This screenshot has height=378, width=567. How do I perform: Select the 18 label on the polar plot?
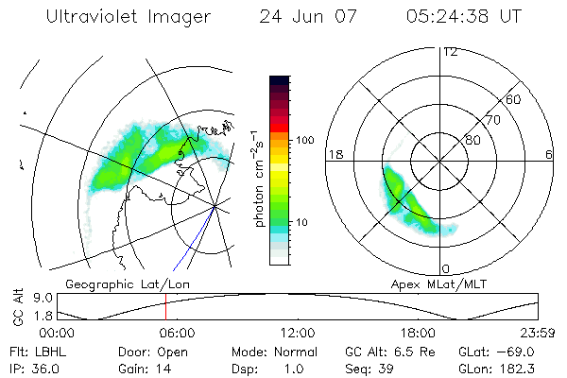tap(334, 154)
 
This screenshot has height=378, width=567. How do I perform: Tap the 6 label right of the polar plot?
tap(549, 154)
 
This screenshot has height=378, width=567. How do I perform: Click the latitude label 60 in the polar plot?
tap(514, 99)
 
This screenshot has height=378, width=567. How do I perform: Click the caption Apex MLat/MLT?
tap(443, 283)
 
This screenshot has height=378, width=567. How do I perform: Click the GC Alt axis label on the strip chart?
tap(16, 305)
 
